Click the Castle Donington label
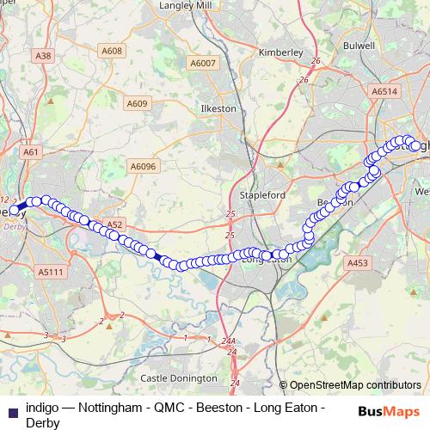[179, 378]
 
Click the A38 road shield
[44, 55]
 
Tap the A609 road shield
[137, 104]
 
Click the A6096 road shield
[142, 166]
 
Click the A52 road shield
[115, 224]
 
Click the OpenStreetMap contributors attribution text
[355, 385]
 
